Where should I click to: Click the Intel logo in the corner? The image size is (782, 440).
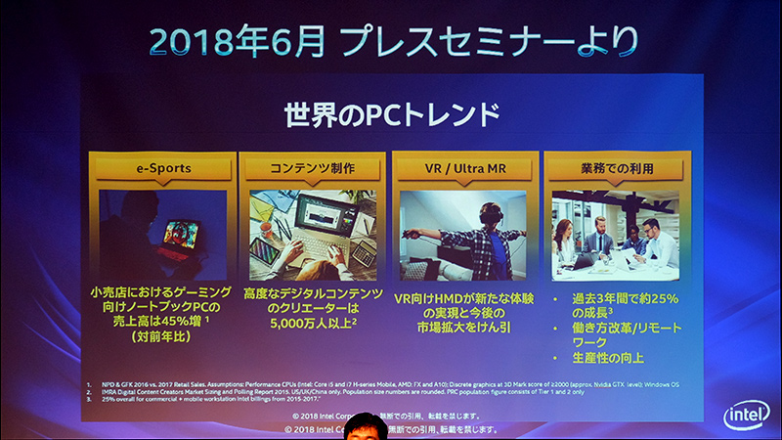tap(746, 415)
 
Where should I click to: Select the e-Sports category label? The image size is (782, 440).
tap(163, 168)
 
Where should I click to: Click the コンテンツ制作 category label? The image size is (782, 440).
tap(315, 168)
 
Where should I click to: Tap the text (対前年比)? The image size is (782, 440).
tap(162, 334)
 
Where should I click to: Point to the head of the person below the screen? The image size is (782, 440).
tap(370, 428)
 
